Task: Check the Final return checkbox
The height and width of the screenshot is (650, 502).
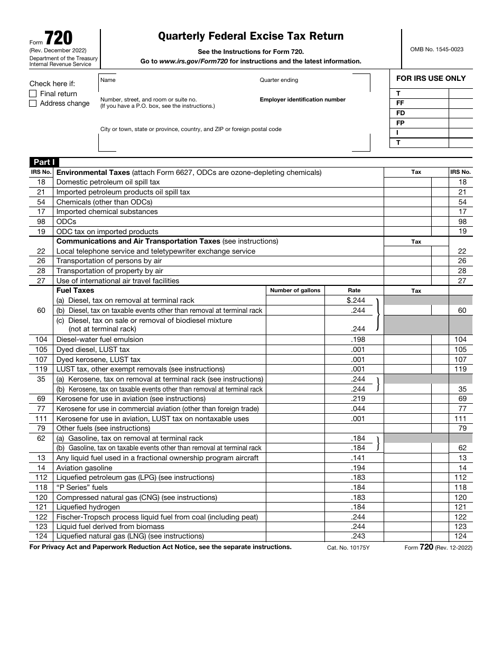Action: pyautogui.click(x=33, y=94)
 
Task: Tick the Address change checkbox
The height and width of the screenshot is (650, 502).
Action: pyautogui.click(x=33, y=104)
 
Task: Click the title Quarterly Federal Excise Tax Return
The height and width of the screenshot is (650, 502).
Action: pyautogui.click(x=251, y=36)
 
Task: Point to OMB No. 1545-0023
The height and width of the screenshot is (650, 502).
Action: pyautogui.click(x=436, y=49)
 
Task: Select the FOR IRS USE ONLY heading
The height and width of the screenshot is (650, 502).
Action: pyautogui.click(x=431, y=78)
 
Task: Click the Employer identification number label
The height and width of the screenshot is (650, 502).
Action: pyautogui.click(x=302, y=99)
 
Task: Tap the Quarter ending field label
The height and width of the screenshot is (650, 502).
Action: pyautogui.click(x=278, y=80)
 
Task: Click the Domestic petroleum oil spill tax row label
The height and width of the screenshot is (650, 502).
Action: pyautogui.click(x=108, y=182)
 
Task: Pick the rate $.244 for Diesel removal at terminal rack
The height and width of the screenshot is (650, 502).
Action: pyautogui.click(x=356, y=300)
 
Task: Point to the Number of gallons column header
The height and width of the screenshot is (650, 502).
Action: pyautogui.click(x=295, y=291)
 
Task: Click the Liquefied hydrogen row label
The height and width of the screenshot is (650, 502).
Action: pyautogui.click(x=80, y=507)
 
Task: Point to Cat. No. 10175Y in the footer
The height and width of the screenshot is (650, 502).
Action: pyautogui.click(x=348, y=548)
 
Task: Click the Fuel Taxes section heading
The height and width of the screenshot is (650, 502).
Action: pyautogui.click(x=75, y=290)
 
